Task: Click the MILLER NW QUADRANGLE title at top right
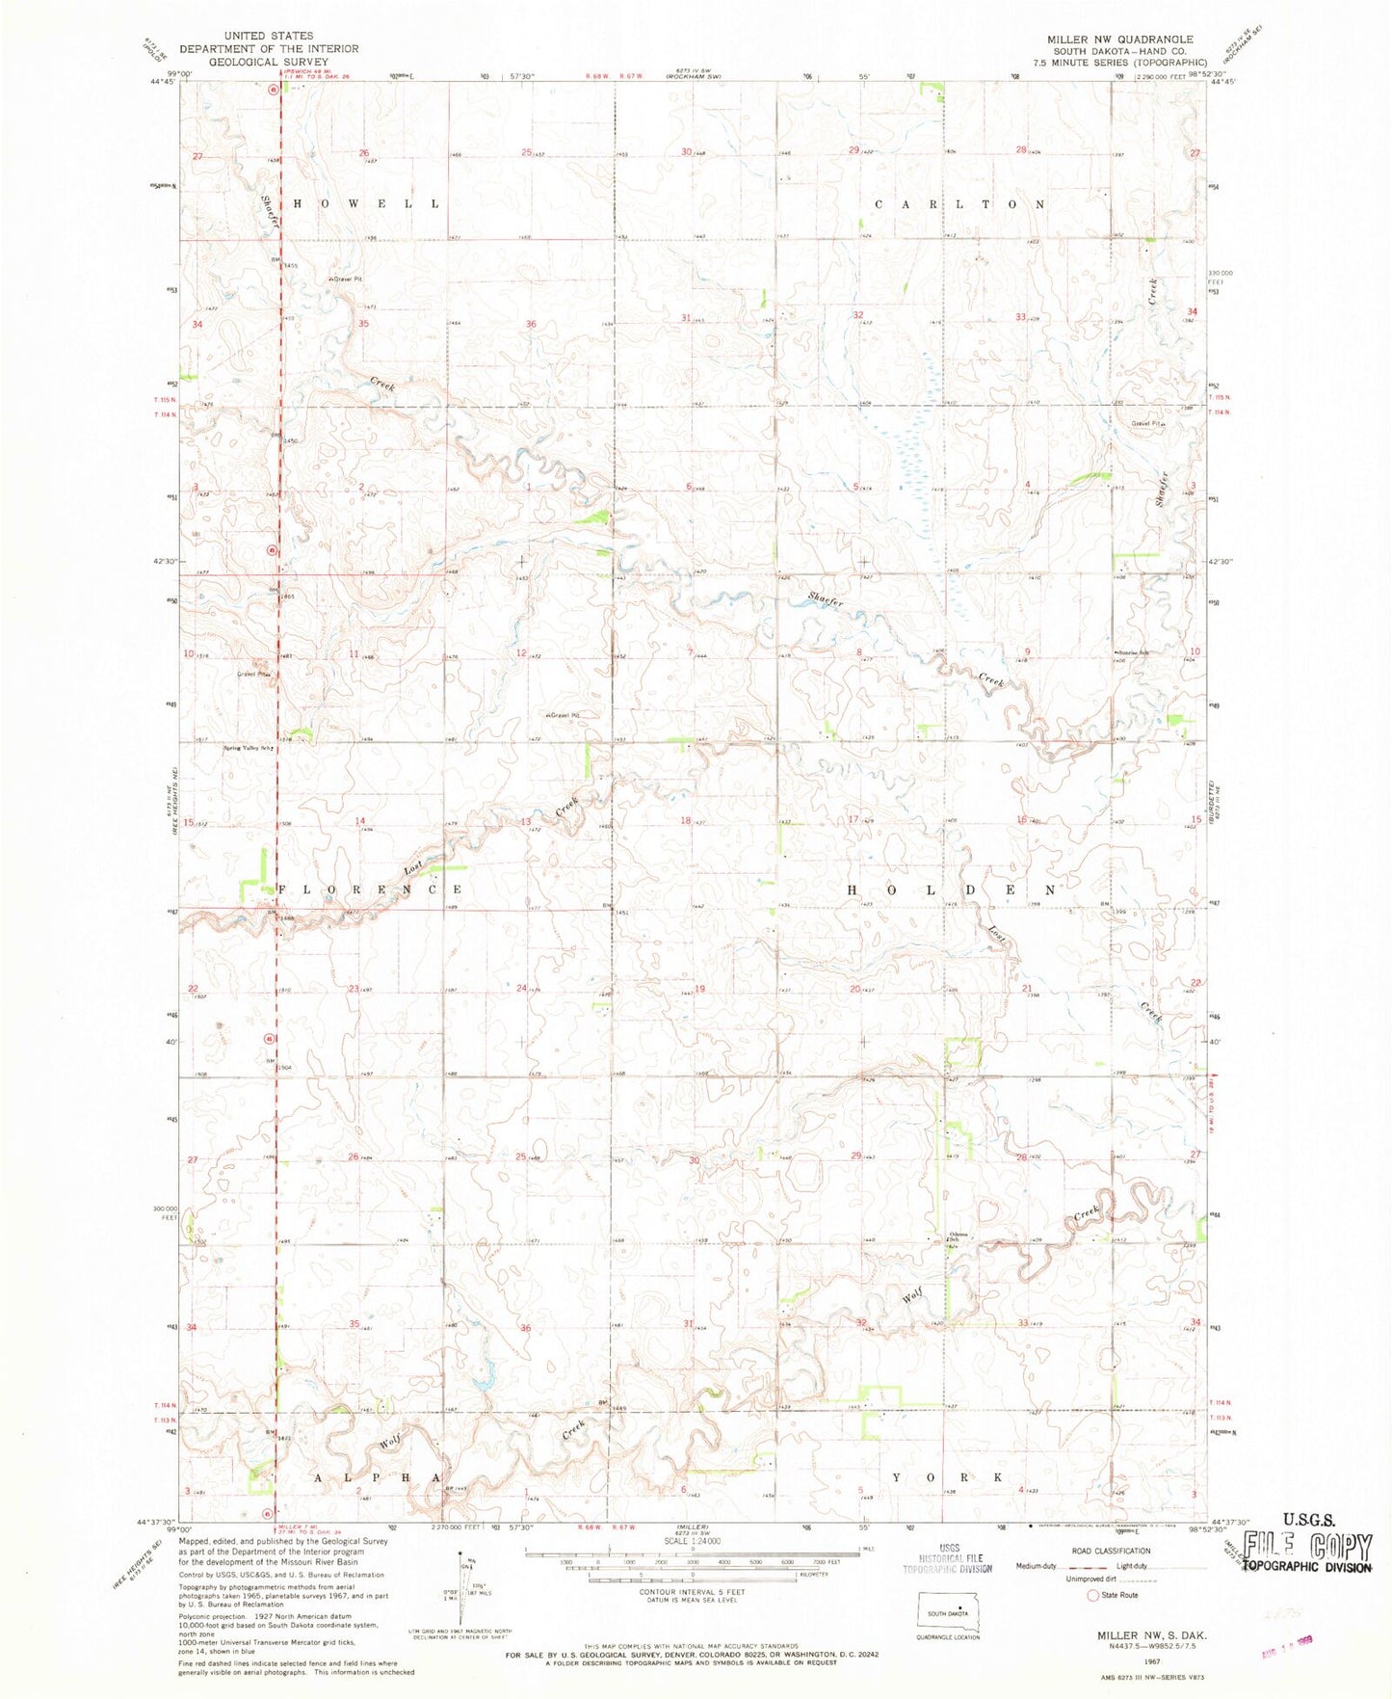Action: click(1120, 40)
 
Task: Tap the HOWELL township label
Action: click(365, 204)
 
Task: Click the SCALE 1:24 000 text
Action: click(693, 1566)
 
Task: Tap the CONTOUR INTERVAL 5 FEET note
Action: click(693, 1619)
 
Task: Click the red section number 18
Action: click(686, 820)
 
